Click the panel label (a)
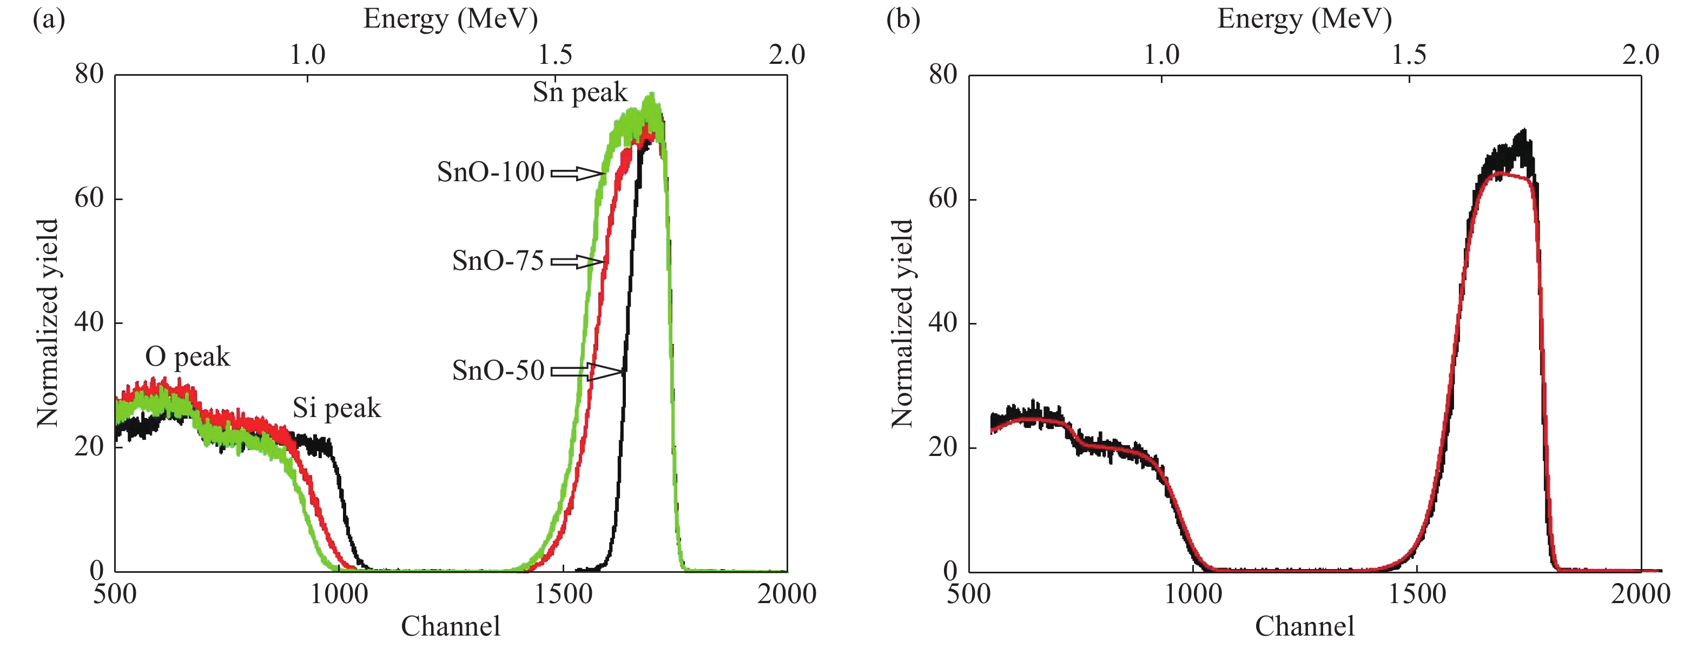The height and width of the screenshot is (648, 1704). tap(49, 20)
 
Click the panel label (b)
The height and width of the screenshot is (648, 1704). tap(903, 20)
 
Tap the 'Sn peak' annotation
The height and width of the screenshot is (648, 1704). tap(579, 92)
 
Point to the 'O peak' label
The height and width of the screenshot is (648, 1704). tap(187, 357)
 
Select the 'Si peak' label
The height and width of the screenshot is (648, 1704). tap(336, 408)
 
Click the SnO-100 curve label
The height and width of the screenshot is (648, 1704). tap(490, 173)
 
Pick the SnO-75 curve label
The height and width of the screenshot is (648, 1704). tap(498, 261)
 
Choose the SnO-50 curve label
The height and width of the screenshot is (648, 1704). tap(498, 371)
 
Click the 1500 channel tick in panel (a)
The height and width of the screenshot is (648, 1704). tap(563, 594)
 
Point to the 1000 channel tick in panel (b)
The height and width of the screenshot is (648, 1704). tap(1193, 594)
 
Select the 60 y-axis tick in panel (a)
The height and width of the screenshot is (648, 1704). tap(89, 199)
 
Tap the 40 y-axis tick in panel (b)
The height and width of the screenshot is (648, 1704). tap(943, 323)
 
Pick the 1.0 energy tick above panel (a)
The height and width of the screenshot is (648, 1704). tap(308, 55)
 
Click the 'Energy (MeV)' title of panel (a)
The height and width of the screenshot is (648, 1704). tap(451, 18)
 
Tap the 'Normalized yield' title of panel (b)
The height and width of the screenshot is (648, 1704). tap(902, 323)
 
